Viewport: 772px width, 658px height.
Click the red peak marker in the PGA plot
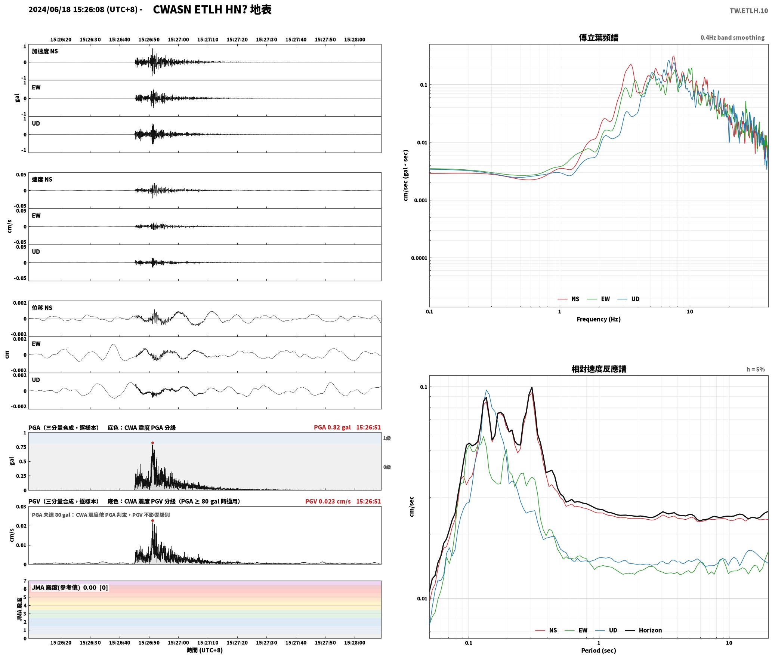pos(152,443)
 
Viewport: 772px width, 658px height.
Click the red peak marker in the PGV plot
pos(152,520)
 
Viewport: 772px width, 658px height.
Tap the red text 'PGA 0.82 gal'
pos(332,427)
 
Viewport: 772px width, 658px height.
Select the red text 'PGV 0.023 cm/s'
pos(328,501)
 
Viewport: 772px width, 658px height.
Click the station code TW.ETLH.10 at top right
pos(749,10)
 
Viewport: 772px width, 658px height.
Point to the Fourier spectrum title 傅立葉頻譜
pos(598,37)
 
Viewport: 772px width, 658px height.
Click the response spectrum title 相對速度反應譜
pos(599,369)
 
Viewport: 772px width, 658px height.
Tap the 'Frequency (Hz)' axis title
pos(598,319)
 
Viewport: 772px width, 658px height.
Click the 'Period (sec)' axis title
pos(598,651)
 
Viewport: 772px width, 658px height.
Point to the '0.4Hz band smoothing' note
pos(732,37)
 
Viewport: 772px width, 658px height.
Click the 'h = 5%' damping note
pos(756,369)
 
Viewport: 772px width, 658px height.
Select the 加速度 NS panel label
pos(45,51)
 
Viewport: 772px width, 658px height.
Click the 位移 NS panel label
pos(42,308)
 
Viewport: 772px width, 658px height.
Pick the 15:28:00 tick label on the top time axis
pos(355,40)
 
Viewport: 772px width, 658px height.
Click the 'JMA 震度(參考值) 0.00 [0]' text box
pos(70,588)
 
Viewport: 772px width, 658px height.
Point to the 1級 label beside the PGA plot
pos(387,438)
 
